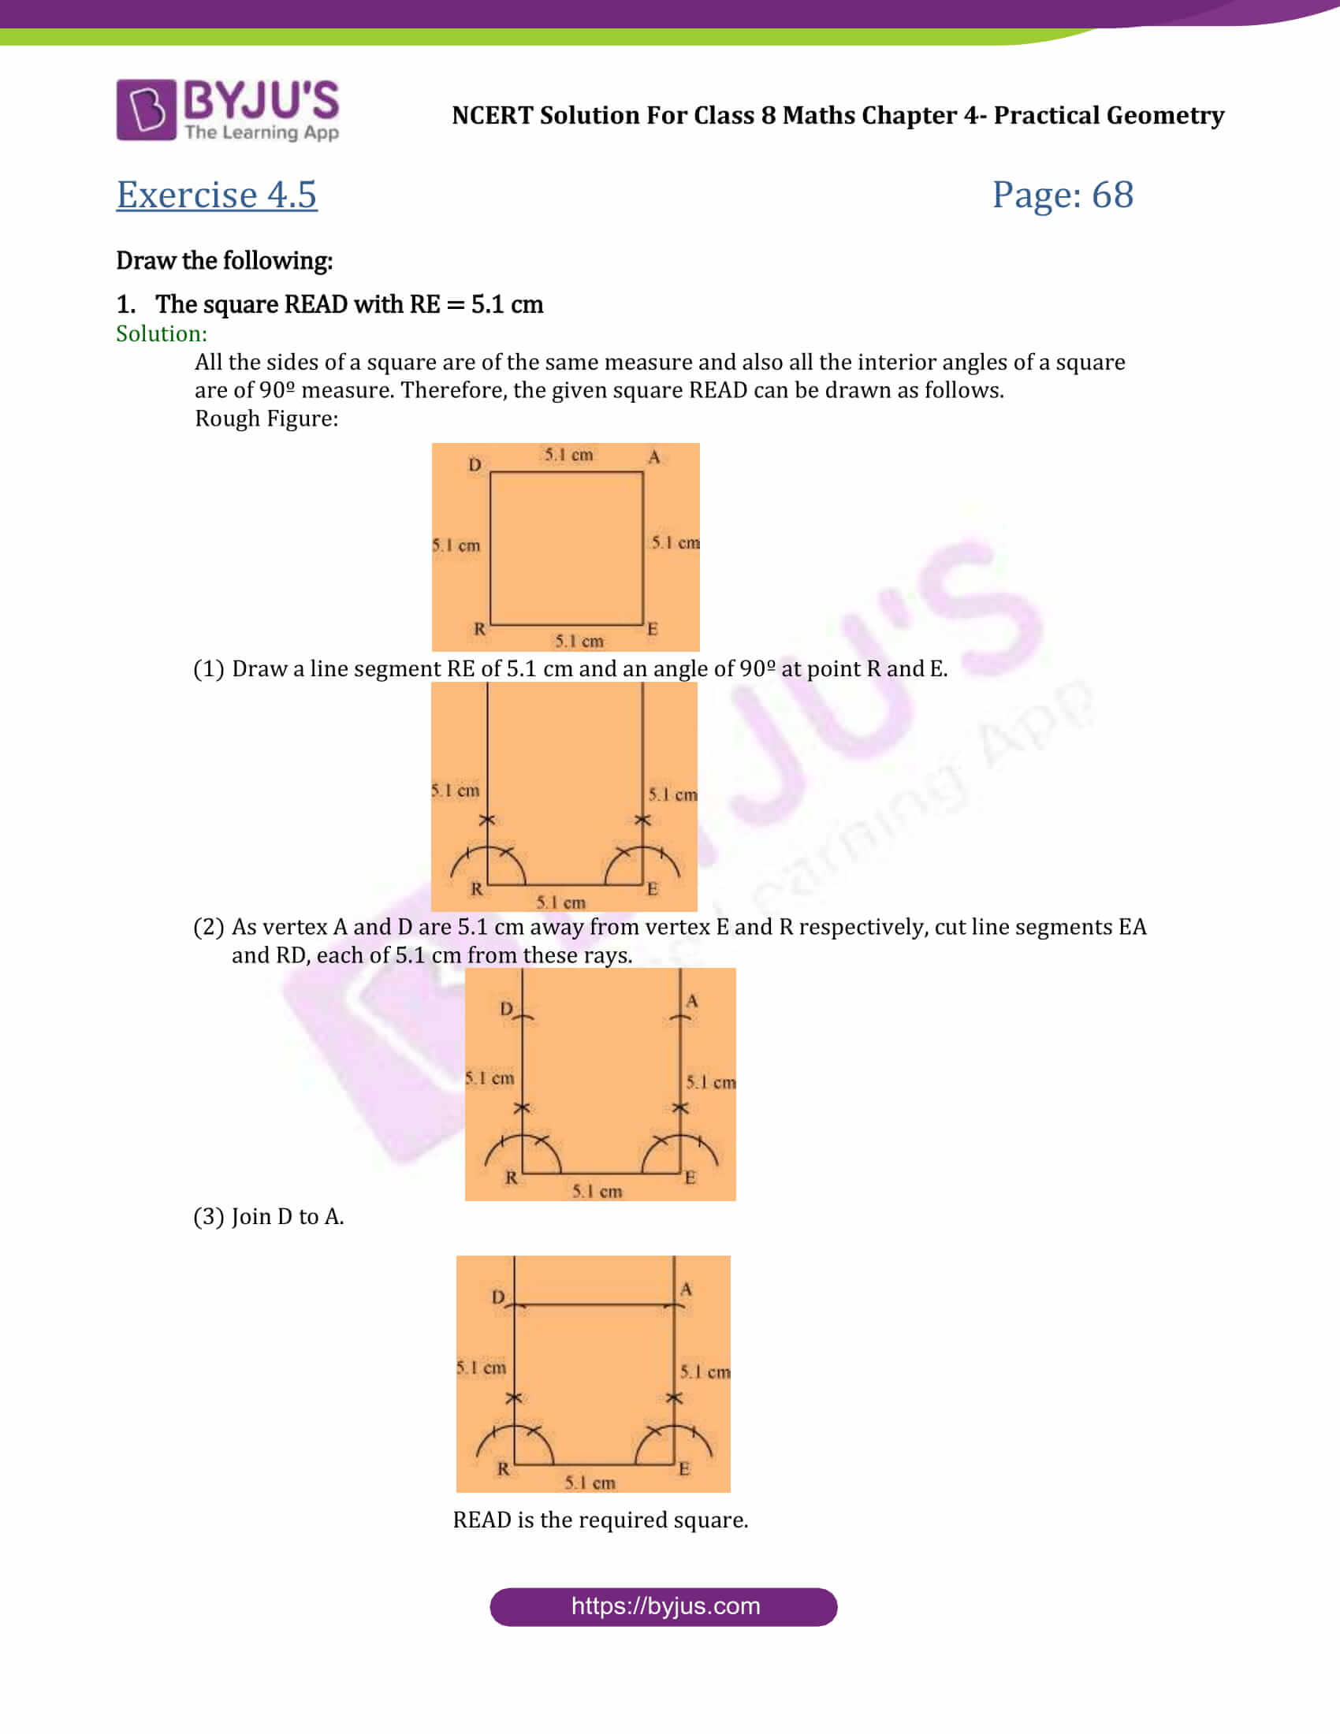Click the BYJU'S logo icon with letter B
[146, 110]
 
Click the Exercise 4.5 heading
[217, 195]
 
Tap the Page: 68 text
[1063, 195]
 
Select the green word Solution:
[161, 333]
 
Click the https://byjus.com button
[664, 1606]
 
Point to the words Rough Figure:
[266, 419]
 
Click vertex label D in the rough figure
[475, 464]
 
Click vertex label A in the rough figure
[654, 457]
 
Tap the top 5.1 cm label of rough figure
[568, 455]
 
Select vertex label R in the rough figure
[479, 629]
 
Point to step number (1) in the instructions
[209, 668]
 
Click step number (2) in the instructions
[209, 927]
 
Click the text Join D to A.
[288, 1216]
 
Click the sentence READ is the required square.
[600, 1520]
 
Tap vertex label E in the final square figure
[684, 1469]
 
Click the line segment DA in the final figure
[594, 1304]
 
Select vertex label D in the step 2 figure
[507, 1008]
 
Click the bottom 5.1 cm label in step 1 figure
[560, 902]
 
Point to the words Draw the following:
[224, 260]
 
